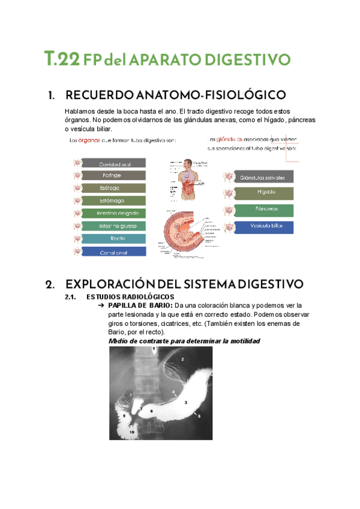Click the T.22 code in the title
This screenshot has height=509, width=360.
point(62,59)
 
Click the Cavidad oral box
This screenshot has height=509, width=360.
point(114,163)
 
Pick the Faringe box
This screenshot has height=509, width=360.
point(114,176)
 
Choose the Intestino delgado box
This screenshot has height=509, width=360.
point(114,214)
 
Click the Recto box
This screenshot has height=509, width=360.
point(114,239)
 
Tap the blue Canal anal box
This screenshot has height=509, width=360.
point(114,252)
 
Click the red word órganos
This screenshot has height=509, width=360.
point(89,141)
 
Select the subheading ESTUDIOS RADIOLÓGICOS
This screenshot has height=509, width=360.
point(130,297)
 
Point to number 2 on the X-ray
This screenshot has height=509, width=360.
point(182,359)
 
